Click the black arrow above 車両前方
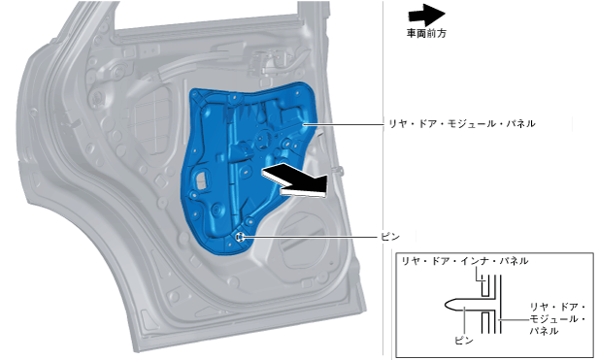426,15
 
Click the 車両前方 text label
426,34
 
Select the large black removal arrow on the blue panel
294,181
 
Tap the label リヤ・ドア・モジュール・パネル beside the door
461,123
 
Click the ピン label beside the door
390,237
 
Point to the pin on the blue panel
240,237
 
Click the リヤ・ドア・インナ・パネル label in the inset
465,261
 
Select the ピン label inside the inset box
464,341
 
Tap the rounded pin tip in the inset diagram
450,304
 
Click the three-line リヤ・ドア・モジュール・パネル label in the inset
557,319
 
